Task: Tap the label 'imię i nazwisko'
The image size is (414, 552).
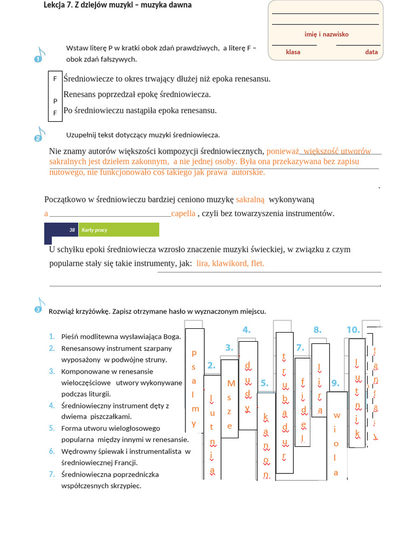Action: [326, 34]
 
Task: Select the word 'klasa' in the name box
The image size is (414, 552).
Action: [293, 52]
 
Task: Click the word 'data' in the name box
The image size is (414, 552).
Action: [371, 52]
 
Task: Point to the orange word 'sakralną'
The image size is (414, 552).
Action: [250, 199]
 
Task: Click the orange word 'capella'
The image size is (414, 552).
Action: [183, 213]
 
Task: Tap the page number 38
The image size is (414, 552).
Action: [72, 230]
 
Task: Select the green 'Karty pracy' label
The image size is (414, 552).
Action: [94, 230]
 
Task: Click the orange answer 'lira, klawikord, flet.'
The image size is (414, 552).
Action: [230, 264]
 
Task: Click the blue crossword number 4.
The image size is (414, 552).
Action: [246, 330]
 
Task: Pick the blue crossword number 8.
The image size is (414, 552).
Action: [318, 330]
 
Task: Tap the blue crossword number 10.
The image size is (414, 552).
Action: [353, 330]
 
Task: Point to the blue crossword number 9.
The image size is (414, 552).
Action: [335, 383]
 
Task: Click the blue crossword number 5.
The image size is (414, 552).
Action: [264, 383]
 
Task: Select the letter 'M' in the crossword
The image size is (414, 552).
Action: [231, 384]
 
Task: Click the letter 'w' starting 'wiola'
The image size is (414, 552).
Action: [337, 415]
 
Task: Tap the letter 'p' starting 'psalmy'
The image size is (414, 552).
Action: [194, 353]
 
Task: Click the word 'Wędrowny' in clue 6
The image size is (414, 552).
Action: [78, 451]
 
